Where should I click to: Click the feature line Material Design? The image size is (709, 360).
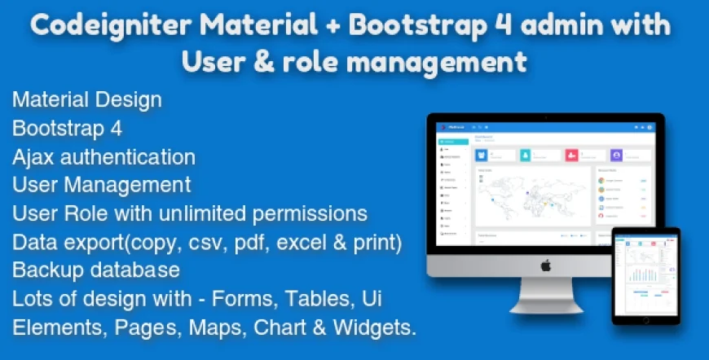tap(86, 100)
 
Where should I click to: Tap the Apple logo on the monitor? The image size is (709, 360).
tap(546, 265)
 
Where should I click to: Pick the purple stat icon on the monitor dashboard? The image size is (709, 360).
tap(616, 154)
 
